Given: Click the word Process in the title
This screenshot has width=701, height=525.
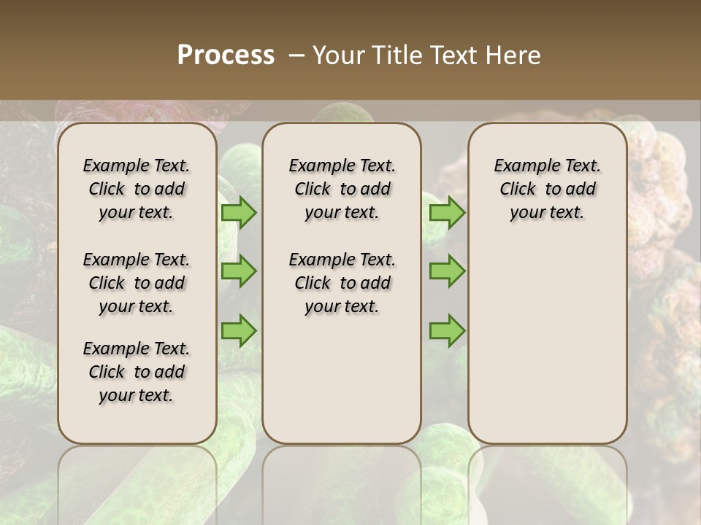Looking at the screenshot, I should (226, 55).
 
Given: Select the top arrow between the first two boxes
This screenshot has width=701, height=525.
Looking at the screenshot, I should (239, 212).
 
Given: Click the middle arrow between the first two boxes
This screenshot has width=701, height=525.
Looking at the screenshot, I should (239, 271).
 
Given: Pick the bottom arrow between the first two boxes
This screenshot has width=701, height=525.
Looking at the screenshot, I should (239, 330).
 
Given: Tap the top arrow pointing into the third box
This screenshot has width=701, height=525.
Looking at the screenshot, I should (447, 212).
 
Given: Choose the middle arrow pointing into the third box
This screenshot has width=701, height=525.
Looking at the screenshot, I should (447, 271).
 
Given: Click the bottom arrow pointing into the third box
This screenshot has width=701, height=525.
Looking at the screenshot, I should (447, 330).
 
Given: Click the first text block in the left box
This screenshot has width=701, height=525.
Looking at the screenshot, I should (137, 189).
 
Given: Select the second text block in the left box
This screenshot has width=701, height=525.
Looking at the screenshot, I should (137, 283).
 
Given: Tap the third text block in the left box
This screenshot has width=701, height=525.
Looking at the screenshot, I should (137, 372).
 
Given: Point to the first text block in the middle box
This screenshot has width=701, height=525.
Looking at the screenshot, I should (342, 189).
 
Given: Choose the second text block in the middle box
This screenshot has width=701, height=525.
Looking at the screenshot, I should (342, 283).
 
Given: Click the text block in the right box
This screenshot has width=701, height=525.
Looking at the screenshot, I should (547, 189).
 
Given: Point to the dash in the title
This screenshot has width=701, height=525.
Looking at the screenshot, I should (296, 55).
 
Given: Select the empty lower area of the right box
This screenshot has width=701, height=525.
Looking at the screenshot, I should (547, 343).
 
